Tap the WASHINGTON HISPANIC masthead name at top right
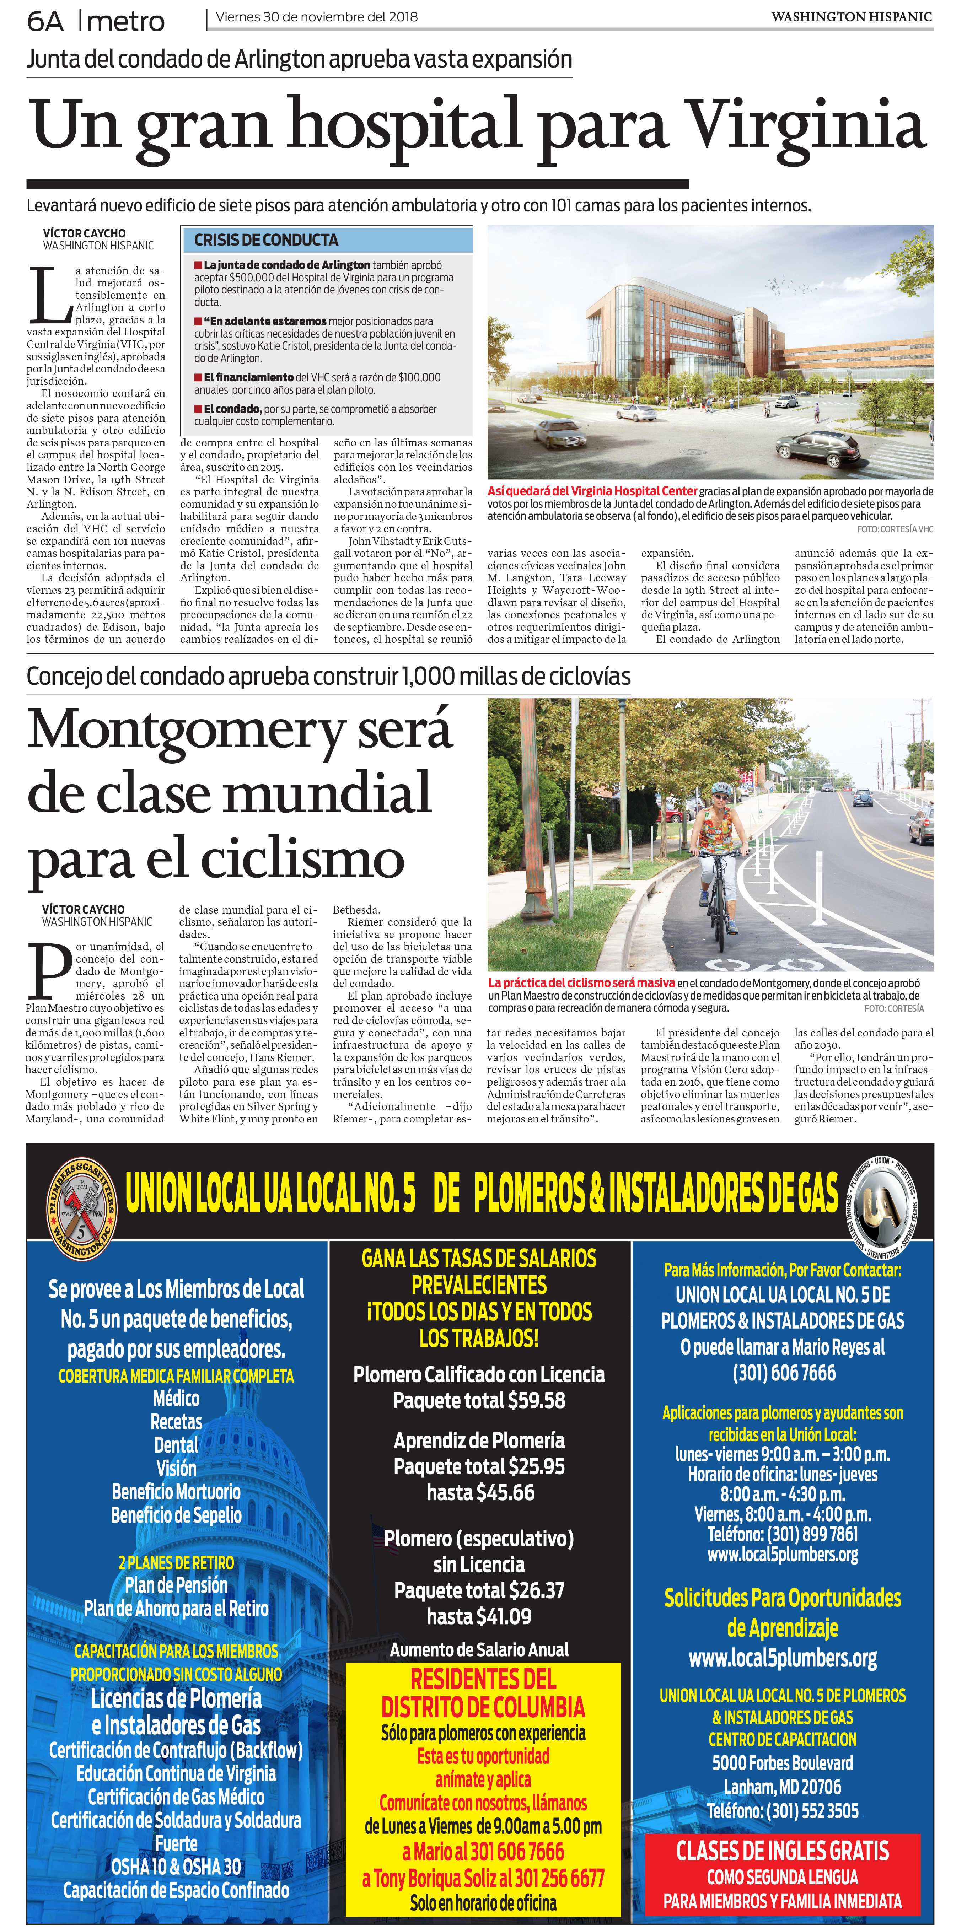(851, 16)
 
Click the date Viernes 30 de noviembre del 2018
(317, 16)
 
